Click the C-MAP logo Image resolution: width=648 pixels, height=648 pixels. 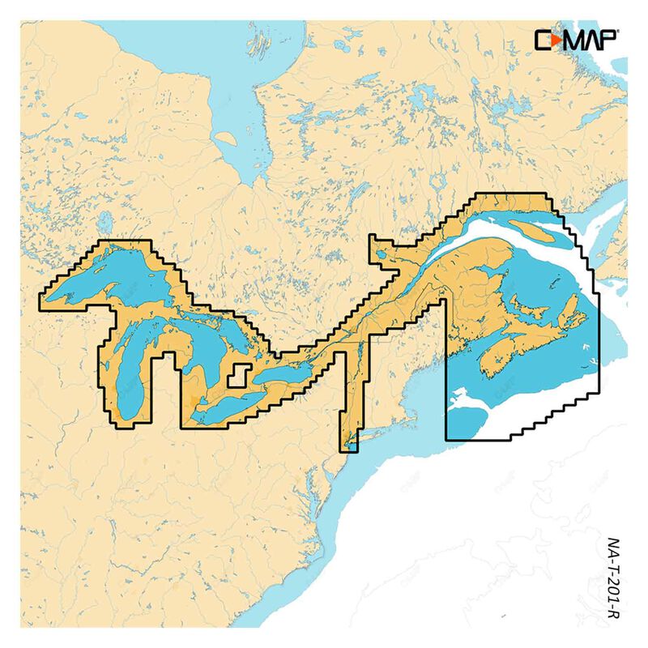pos(576,39)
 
